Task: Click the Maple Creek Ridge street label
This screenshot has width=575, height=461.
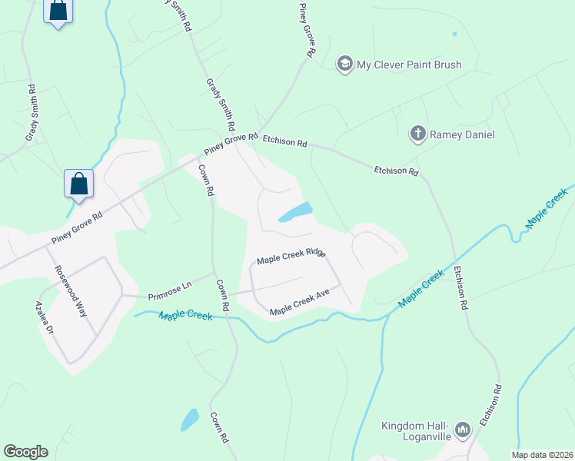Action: [x=291, y=257]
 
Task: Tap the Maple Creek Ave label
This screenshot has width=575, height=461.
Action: [x=300, y=301]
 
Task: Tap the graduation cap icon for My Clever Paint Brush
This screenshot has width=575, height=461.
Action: [x=344, y=64]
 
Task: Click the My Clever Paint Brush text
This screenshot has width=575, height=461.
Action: [x=409, y=65]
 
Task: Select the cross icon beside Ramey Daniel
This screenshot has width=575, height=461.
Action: [x=417, y=134]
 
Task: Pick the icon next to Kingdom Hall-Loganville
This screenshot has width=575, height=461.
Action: [x=462, y=429]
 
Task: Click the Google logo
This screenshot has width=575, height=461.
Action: [x=25, y=452]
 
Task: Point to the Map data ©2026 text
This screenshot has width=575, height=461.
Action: [x=541, y=455]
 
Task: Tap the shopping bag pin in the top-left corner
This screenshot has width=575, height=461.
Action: [x=58, y=12]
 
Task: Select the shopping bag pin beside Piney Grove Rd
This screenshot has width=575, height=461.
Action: [x=78, y=184]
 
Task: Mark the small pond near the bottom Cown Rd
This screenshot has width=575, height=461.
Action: [x=189, y=420]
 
